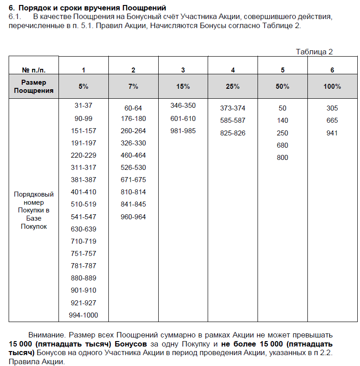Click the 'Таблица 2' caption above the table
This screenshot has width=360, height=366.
pyautogui.click(x=314, y=52)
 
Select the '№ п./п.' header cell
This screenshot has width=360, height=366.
pyautogui.click(x=34, y=70)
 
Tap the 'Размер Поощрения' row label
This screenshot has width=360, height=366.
pyautogui.click(x=34, y=87)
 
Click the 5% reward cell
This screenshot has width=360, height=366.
pyautogui.click(x=83, y=87)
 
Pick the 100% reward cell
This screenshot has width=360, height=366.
pyautogui.click(x=332, y=87)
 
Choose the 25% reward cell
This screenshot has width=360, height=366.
pyautogui.click(x=233, y=87)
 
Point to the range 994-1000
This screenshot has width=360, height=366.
pyautogui.click(x=83, y=315)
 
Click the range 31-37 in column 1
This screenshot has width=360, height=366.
pyautogui.click(x=83, y=106)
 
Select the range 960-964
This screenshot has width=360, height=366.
pyautogui.click(x=133, y=217)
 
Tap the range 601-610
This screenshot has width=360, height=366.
pyautogui.click(x=183, y=119)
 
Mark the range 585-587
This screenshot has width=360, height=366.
pyautogui.click(x=233, y=121)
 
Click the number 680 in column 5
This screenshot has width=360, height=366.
pyautogui.click(x=282, y=145)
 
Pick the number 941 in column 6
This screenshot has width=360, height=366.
pyautogui.click(x=332, y=133)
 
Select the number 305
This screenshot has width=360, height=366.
pyautogui.click(x=332, y=108)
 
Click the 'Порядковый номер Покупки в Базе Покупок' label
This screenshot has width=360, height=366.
pyautogui.click(x=34, y=210)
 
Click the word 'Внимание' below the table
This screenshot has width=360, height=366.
pyautogui.click(x=46, y=336)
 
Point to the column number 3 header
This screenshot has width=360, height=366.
pyautogui.click(x=183, y=70)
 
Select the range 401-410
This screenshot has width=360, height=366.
pyautogui.click(x=83, y=192)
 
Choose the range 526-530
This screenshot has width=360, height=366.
pyautogui.click(x=133, y=168)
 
